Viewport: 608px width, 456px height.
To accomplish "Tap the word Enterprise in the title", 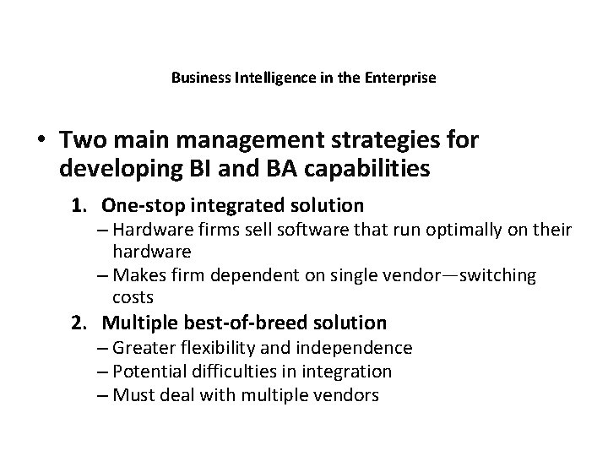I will coord(401,79).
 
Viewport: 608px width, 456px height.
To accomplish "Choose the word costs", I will coord(131,297).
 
